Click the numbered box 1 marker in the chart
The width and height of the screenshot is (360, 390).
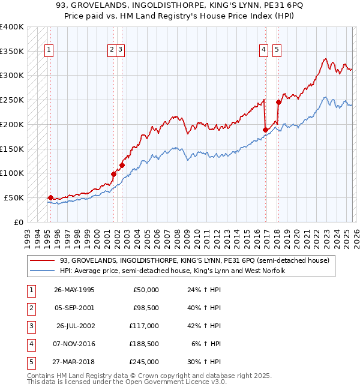[49, 50]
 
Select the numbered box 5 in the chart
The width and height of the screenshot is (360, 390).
[277, 50]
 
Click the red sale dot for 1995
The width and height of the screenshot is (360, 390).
[50, 197]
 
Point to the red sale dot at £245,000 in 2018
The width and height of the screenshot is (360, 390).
[278, 102]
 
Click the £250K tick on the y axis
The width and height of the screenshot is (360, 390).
[11, 100]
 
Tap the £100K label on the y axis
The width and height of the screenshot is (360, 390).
[11, 173]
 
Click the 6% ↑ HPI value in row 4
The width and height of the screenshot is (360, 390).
[205, 344]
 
